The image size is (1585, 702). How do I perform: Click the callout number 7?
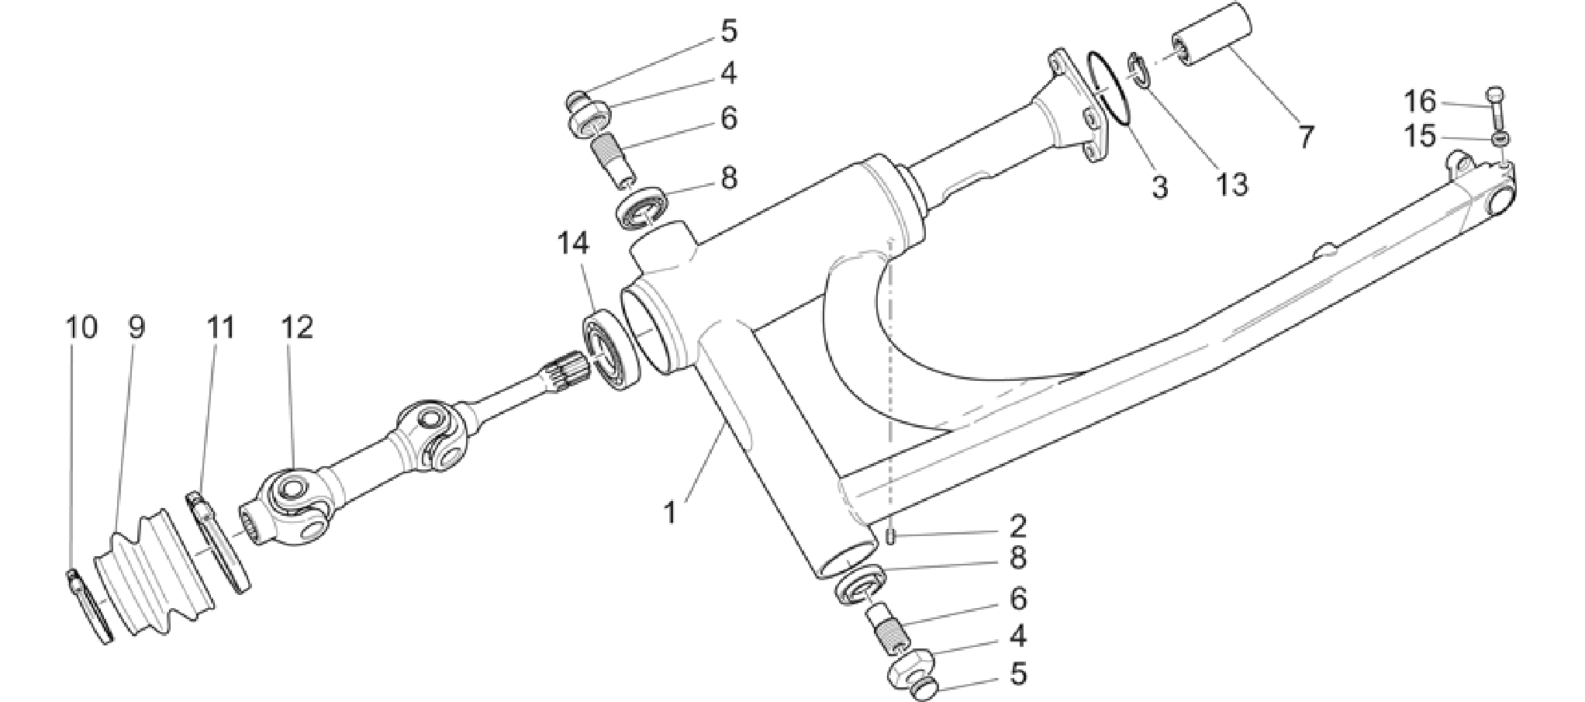tap(1307, 138)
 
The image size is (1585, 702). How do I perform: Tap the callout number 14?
tap(573, 244)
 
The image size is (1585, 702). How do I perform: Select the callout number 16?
tap(1421, 101)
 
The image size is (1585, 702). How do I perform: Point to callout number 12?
tap(297, 327)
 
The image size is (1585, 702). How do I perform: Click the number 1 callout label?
tap(671, 512)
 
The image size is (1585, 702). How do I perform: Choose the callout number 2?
tap(1017, 527)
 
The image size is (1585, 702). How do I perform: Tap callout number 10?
tap(81, 327)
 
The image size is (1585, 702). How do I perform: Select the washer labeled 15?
tap(1502, 139)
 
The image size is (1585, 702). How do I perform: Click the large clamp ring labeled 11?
tap(219, 543)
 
